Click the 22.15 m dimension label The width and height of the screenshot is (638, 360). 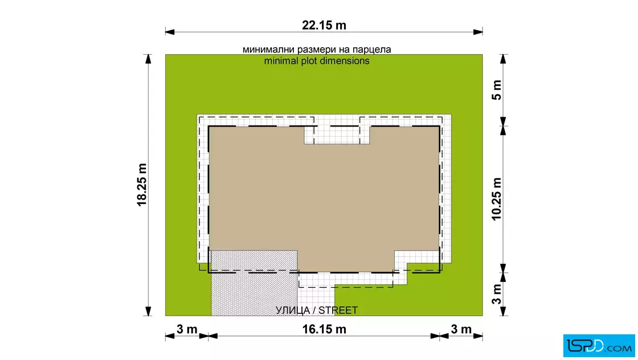click(324, 25)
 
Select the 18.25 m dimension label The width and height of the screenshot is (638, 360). click(142, 185)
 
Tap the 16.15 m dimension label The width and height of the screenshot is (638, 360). click(324, 329)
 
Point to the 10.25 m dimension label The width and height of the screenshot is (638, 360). click(497, 199)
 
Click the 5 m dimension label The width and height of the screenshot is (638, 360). click(497, 91)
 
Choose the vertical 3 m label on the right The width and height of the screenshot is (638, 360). click(497, 294)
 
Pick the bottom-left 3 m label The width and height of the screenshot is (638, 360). click(187, 329)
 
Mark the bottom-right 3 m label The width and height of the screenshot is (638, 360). click(461, 329)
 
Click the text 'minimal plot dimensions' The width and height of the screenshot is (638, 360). click(317, 61)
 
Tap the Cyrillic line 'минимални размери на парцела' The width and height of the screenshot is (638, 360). click(317, 50)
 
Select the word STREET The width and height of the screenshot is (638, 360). click(338, 310)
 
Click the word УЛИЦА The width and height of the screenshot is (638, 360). click(293, 310)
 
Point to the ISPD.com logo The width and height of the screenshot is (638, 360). click(599, 346)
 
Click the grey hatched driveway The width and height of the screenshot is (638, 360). click(254, 283)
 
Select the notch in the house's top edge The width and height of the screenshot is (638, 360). click(337, 135)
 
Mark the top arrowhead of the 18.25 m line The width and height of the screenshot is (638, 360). click(148, 59)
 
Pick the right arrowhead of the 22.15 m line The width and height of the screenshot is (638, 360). click(478, 32)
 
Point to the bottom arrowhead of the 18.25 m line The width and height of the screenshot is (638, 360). click(148, 311)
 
